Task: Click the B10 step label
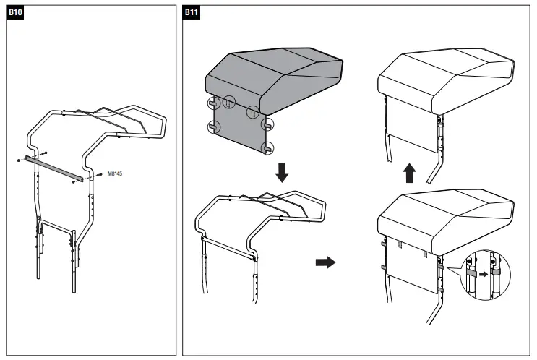[15, 13]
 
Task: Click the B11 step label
[192, 13]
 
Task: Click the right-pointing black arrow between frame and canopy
[326, 262]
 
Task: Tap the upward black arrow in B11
[409, 173]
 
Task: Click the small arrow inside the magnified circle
[484, 275]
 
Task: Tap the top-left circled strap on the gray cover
[213, 103]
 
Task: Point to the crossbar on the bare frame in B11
[228, 245]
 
